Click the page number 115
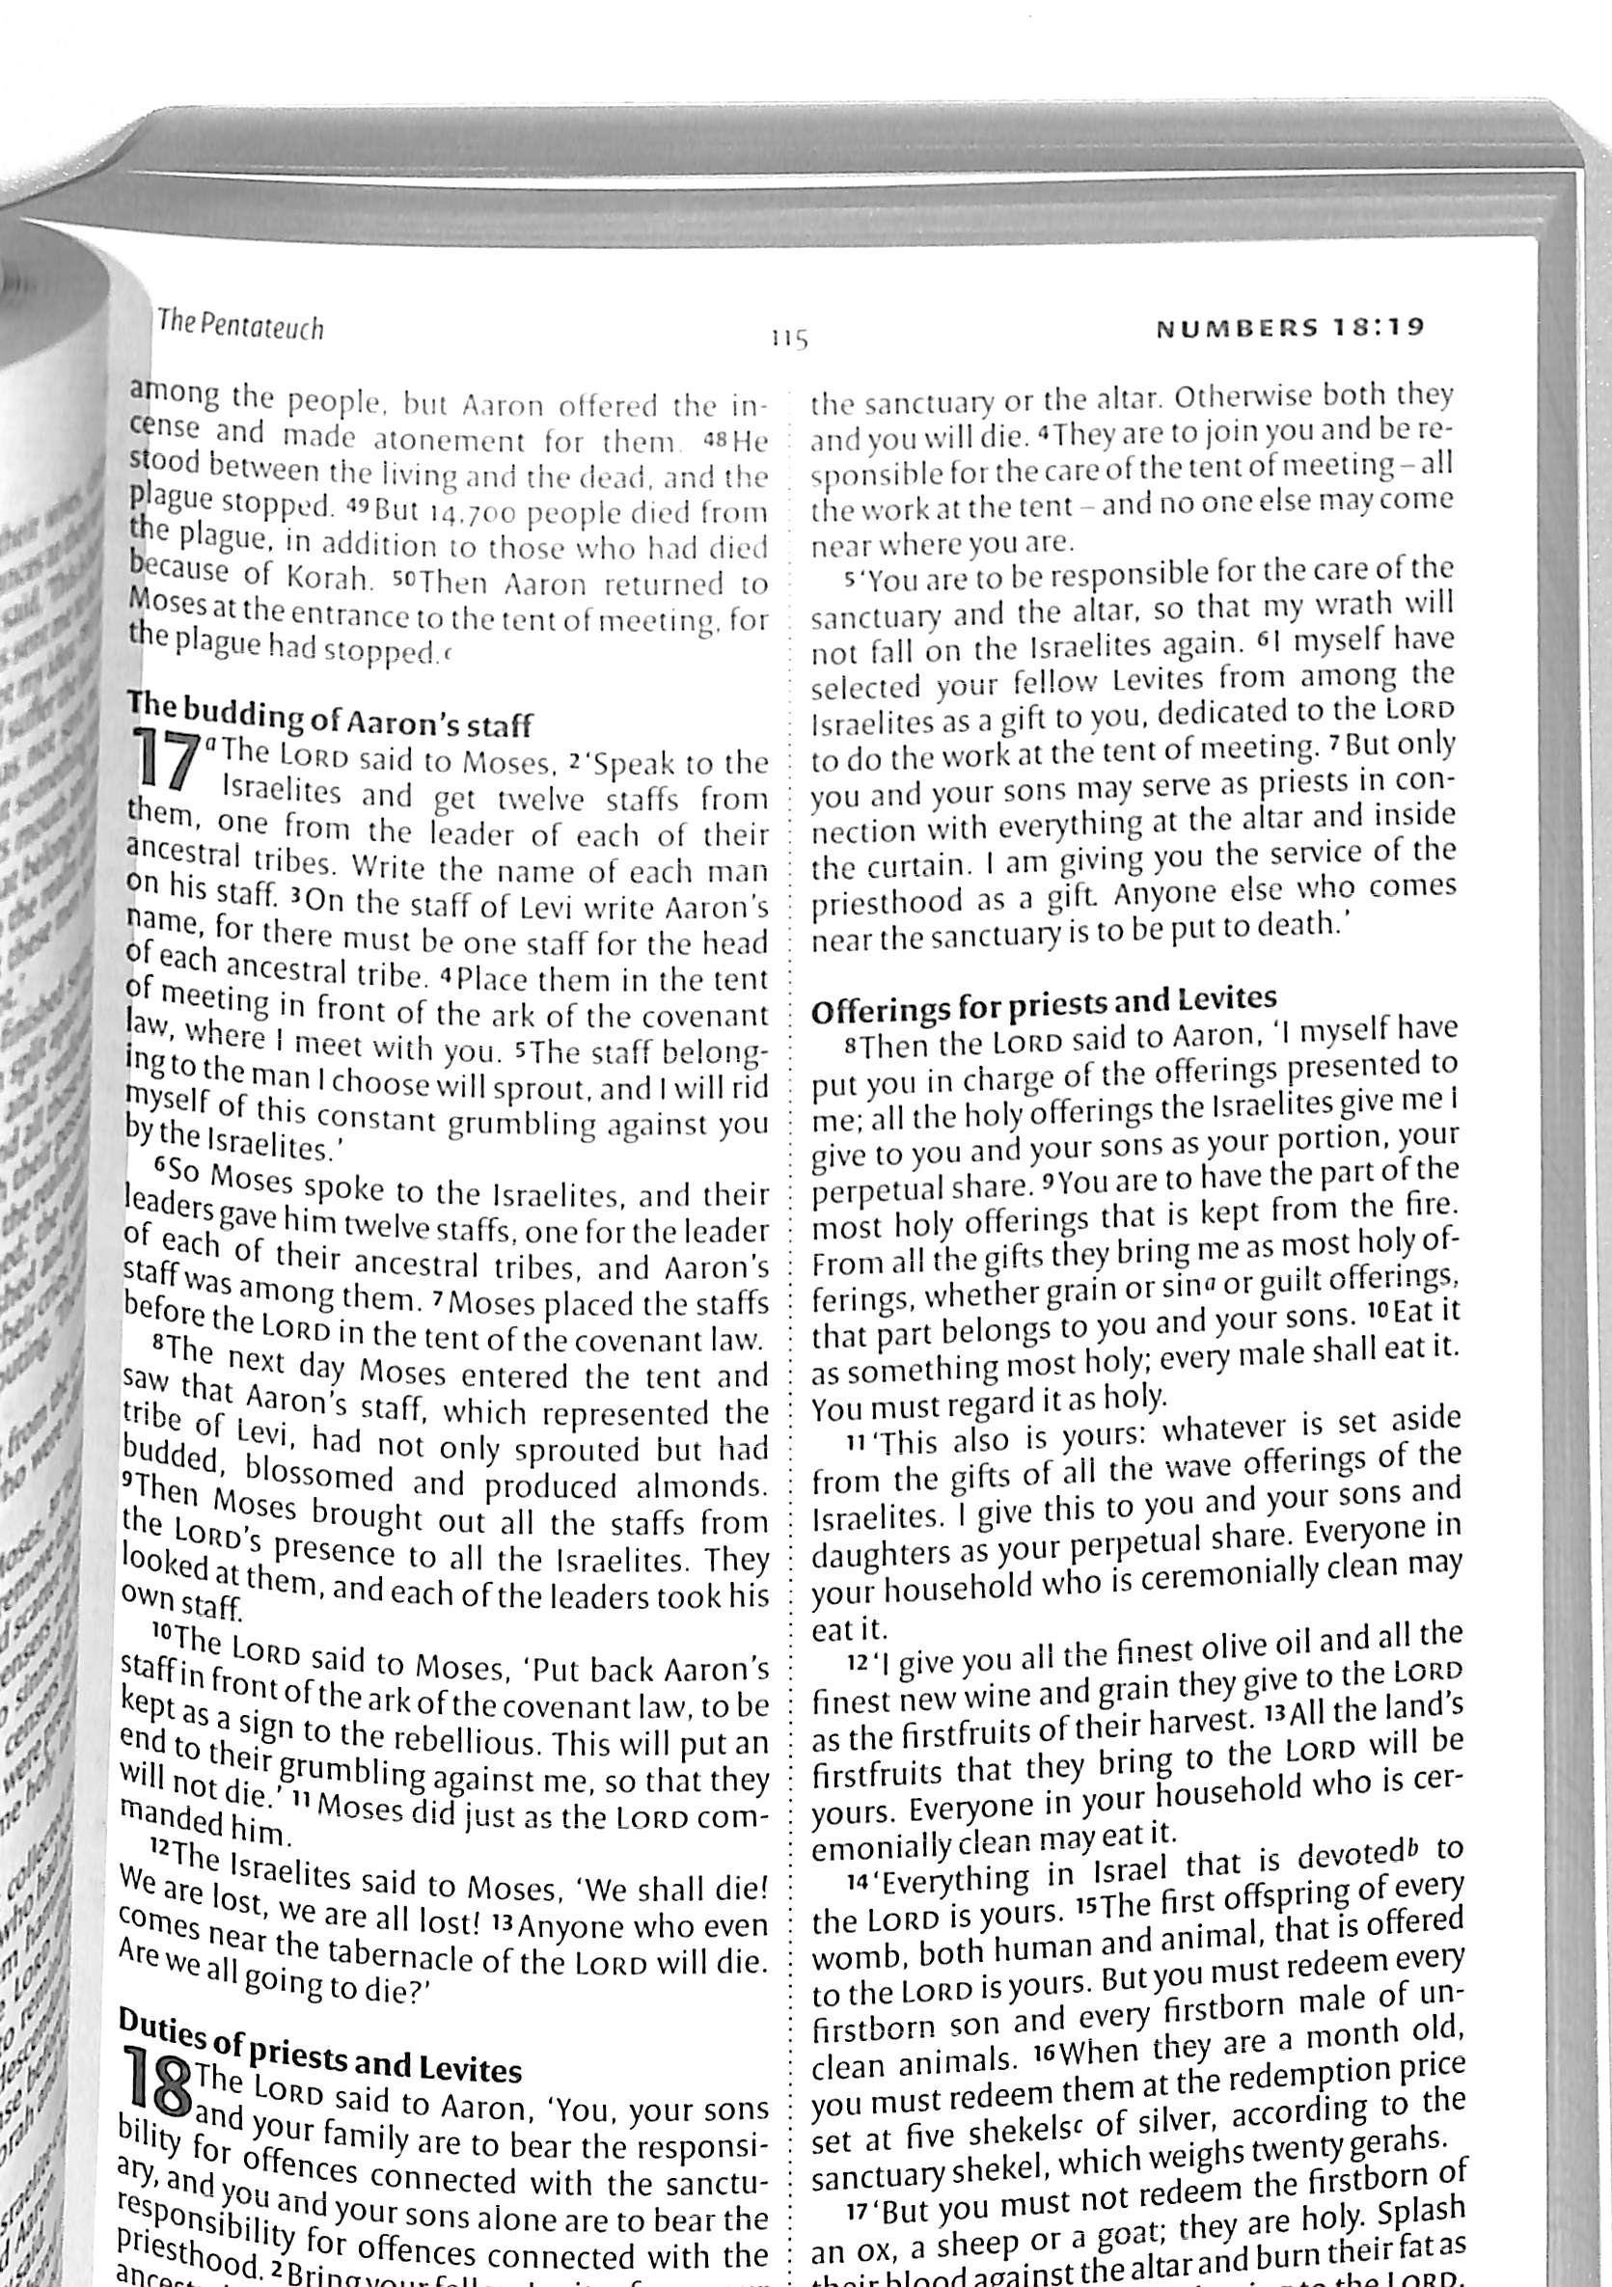788,339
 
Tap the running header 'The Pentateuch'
241,326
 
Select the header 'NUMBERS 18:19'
1290,327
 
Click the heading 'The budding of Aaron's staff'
329,714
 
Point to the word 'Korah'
329,578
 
